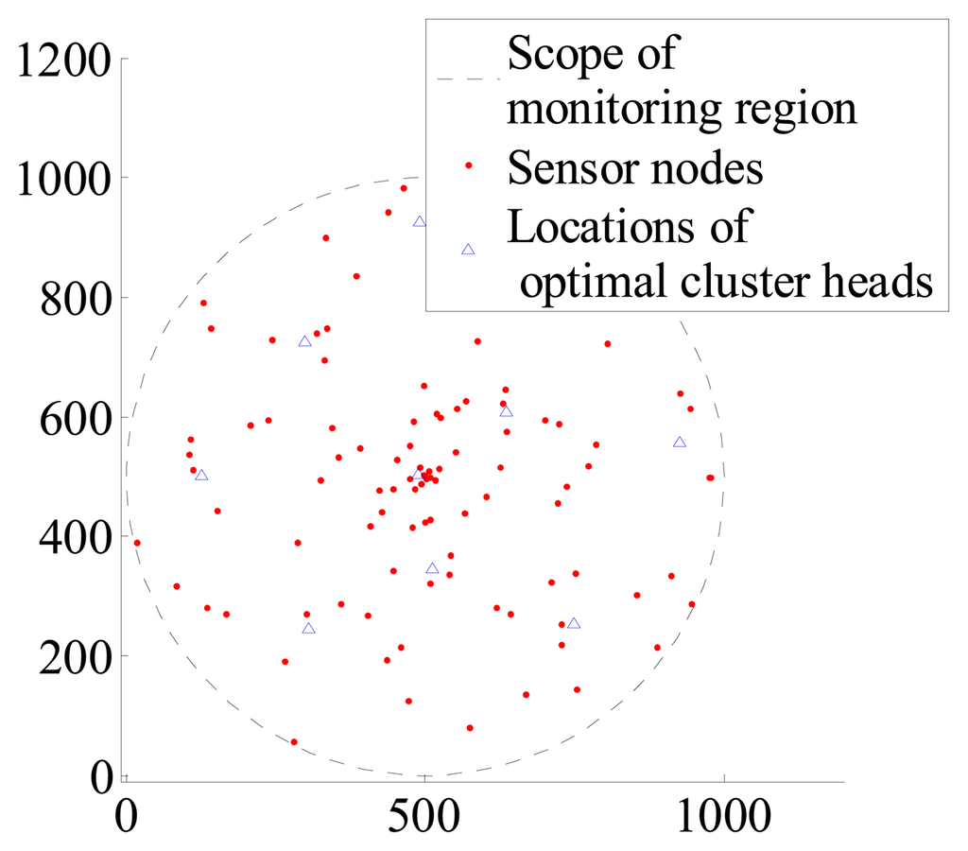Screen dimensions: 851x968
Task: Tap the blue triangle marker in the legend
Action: click(468, 250)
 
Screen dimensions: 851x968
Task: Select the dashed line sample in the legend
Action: click(468, 80)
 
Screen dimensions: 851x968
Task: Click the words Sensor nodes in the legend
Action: click(635, 169)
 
